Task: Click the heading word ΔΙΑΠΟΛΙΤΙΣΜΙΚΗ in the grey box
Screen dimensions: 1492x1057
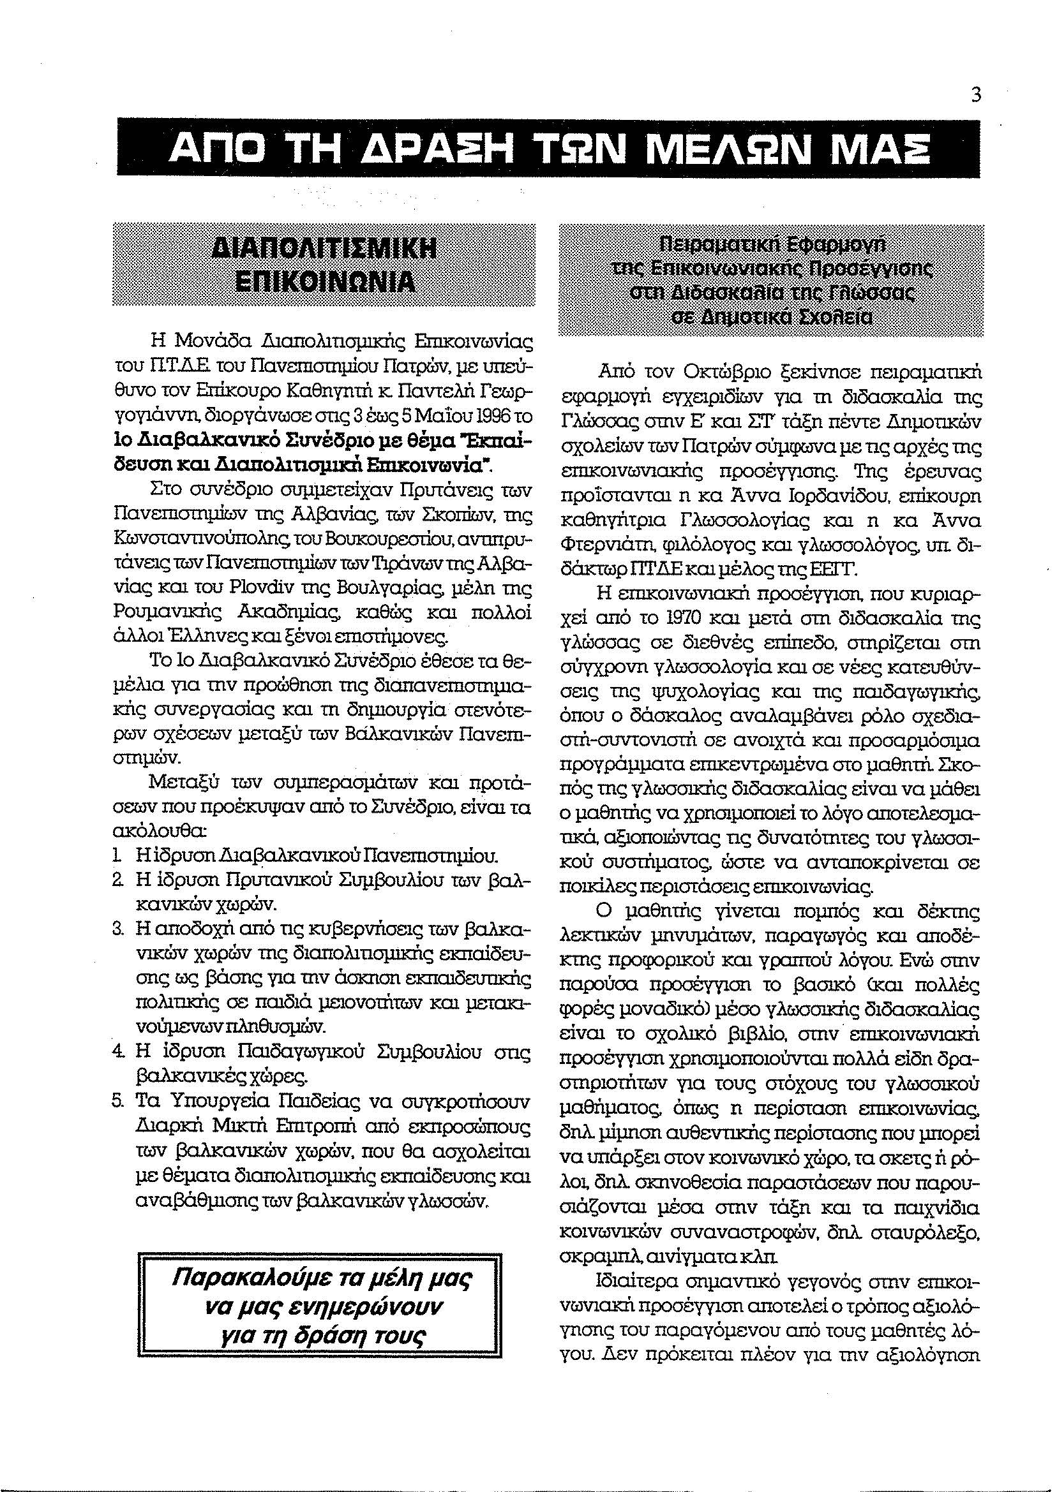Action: click(x=324, y=250)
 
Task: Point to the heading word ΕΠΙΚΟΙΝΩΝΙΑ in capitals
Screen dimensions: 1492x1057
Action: click(x=324, y=281)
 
